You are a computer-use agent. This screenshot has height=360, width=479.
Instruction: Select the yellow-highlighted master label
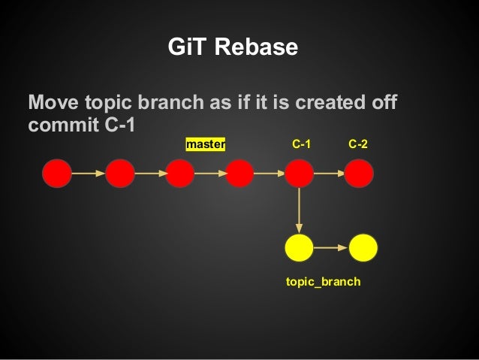coord(206,143)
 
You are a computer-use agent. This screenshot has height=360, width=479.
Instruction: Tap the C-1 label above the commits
coord(302,143)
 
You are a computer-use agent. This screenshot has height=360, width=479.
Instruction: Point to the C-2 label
coord(358,143)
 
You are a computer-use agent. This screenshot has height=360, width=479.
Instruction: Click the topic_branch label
coord(323,282)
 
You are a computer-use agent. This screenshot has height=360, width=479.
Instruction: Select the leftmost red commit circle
coord(57,174)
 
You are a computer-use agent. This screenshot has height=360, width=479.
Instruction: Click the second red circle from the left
coord(120,174)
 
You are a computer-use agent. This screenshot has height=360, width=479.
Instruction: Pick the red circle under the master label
coord(180,174)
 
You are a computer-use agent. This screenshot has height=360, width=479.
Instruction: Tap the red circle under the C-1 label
coord(299,174)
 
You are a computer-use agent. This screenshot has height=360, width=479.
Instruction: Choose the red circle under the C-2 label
coord(359,174)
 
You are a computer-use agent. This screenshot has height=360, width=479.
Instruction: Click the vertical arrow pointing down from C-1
coord(299,210)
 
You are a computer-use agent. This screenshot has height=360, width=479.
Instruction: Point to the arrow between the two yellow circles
coord(331,247)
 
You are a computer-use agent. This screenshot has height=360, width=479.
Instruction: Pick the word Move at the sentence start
coord(50,102)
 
